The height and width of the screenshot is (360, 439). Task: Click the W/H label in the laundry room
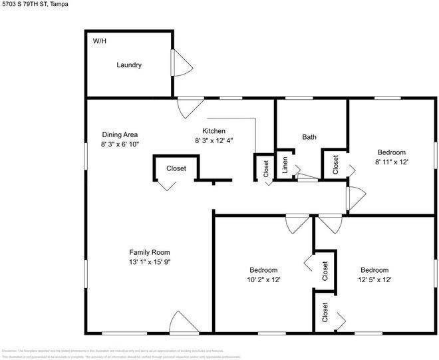click(99, 41)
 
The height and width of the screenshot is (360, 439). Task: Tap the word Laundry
click(129, 65)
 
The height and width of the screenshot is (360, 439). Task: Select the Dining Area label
click(120, 134)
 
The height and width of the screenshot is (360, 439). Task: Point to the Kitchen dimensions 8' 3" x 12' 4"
click(214, 140)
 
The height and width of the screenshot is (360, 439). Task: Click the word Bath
click(309, 137)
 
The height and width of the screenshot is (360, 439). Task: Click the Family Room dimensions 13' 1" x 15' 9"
click(149, 262)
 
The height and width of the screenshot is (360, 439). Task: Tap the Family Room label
click(149, 252)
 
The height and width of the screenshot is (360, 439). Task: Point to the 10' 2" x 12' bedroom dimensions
click(263, 279)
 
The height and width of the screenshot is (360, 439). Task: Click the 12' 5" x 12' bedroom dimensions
click(374, 279)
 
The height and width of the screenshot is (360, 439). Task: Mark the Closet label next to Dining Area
click(176, 169)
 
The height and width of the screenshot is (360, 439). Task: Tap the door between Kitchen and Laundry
click(191, 106)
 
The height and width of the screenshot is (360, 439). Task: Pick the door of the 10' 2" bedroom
click(295, 224)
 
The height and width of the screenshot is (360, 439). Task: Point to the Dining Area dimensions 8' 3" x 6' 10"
click(120, 144)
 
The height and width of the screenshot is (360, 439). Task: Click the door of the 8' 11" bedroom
click(356, 196)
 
